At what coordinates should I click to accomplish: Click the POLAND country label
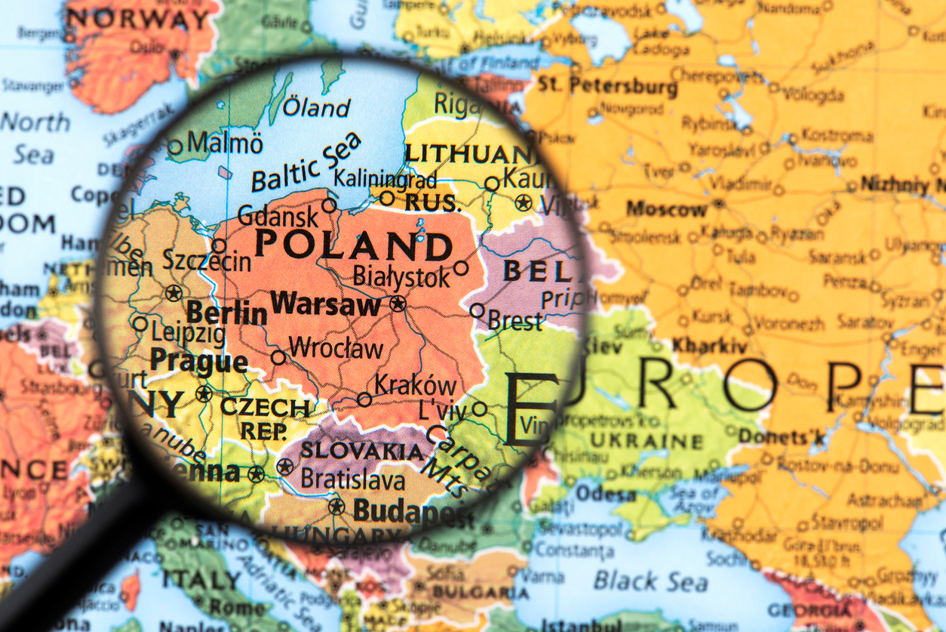click(353, 245)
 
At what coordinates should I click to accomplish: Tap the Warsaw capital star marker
click(398, 304)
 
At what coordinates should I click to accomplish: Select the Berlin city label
click(226, 312)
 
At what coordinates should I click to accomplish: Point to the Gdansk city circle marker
click(329, 205)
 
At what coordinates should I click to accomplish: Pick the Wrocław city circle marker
click(278, 357)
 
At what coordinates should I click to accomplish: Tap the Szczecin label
click(207, 262)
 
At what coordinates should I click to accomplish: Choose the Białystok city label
click(401, 276)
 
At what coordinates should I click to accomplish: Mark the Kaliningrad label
click(385, 179)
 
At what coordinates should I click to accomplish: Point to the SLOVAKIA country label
click(362, 451)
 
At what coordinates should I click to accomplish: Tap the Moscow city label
click(666, 208)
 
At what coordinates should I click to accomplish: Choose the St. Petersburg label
click(607, 85)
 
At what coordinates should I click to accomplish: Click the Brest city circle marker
click(477, 310)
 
